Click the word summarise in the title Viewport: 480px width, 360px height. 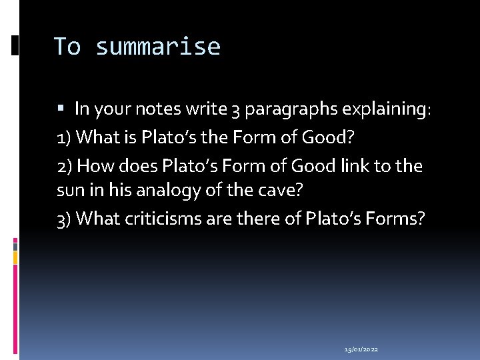[x=157, y=47]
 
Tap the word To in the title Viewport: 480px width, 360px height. [x=67, y=47]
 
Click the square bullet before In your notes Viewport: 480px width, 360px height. [x=61, y=108]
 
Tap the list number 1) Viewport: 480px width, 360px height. [x=65, y=137]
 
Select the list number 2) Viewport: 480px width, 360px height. [x=65, y=166]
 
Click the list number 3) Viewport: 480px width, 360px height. [x=65, y=219]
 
